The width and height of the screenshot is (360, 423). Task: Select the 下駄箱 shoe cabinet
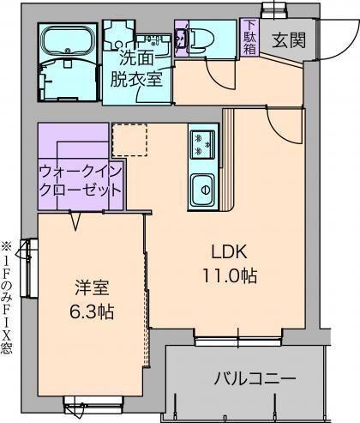tap(249, 36)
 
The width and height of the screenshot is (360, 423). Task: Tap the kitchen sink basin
tap(203, 185)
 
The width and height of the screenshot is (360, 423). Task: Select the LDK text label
tap(230, 251)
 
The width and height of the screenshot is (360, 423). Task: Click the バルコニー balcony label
tap(255, 378)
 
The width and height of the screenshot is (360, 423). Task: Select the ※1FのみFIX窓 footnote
tap(8, 297)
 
